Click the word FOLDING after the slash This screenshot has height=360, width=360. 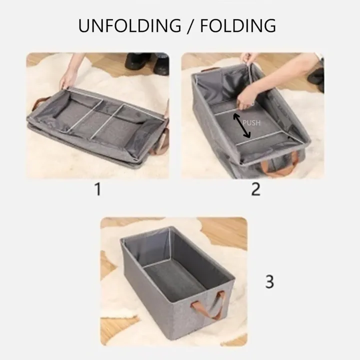coord(238,25)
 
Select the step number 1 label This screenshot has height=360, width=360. coord(97,190)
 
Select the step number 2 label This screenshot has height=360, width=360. coord(255,190)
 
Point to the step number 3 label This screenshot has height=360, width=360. coord(269,281)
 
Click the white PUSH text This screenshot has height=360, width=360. coord(251,122)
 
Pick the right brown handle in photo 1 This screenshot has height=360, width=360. coord(162,145)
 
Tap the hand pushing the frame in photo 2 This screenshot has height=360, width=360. coord(246,100)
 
